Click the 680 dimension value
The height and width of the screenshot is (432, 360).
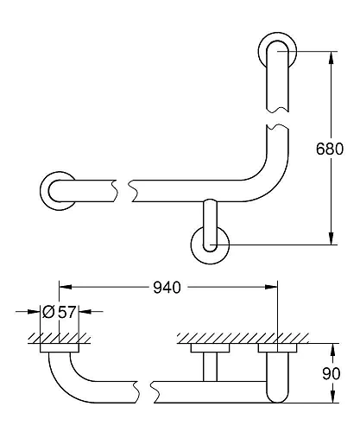(336, 148)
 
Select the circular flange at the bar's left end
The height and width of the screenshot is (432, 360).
(58, 188)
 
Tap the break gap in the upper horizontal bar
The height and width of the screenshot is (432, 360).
(122, 187)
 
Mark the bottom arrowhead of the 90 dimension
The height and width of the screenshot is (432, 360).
(331, 399)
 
